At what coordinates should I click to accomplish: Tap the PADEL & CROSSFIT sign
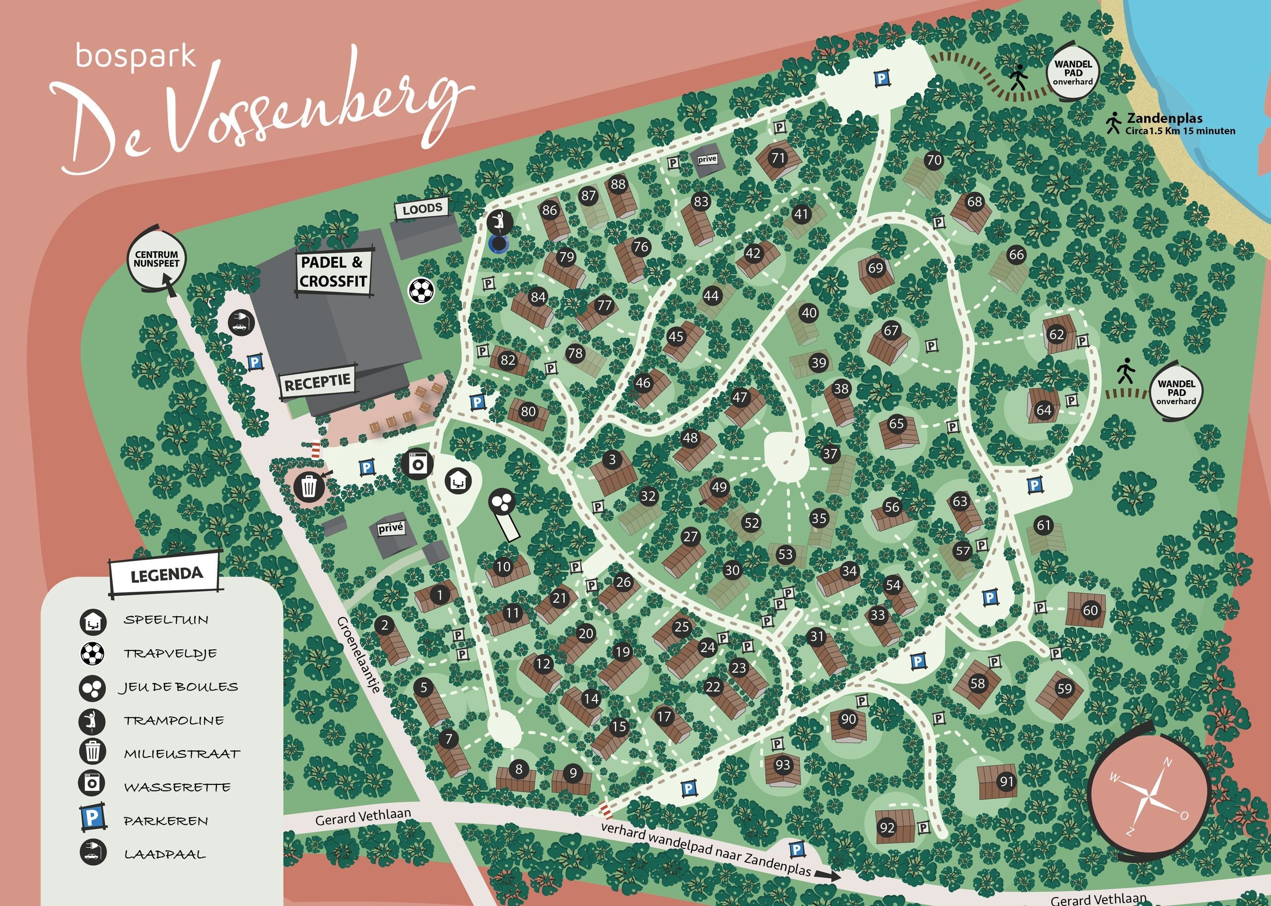tap(333, 272)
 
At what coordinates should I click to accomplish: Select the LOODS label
tap(423, 209)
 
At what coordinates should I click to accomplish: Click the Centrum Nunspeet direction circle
tap(156, 260)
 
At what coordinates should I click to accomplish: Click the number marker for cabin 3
tap(612, 459)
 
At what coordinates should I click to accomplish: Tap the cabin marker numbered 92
tap(887, 828)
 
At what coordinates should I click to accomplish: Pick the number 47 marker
tap(740, 397)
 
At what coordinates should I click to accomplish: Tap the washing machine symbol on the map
tap(417, 464)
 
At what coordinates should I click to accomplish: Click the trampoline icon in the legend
tap(92, 721)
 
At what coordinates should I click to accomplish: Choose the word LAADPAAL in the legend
tap(165, 854)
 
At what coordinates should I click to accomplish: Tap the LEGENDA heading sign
tap(166, 574)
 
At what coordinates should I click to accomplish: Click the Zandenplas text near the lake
tap(1164, 118)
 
